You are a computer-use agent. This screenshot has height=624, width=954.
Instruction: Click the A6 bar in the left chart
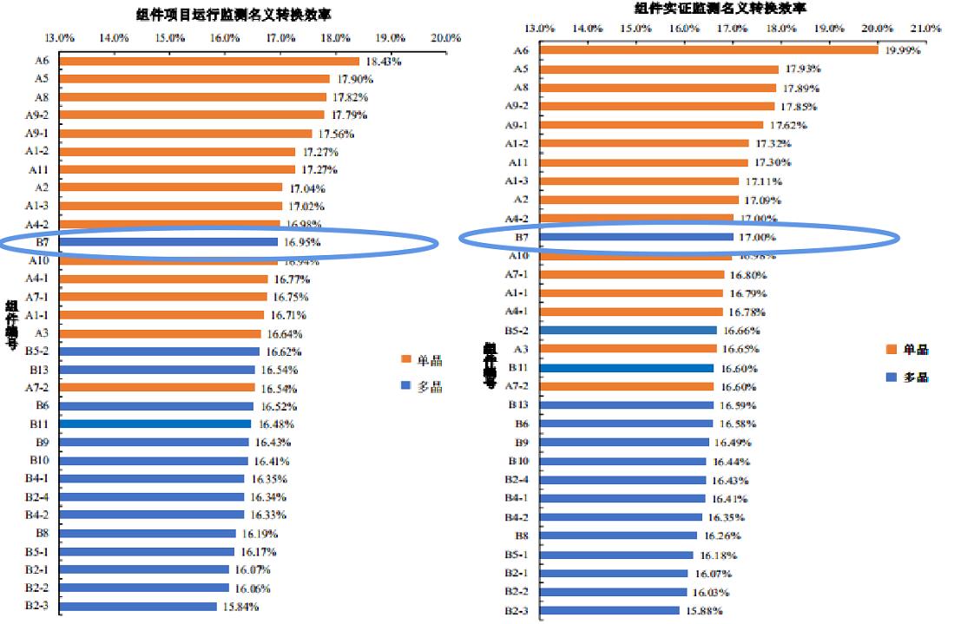click(x=208, y=61)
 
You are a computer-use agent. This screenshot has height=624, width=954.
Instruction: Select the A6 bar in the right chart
click(x=707, y=49)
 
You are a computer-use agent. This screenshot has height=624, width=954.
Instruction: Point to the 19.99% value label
click(x=903, y=50)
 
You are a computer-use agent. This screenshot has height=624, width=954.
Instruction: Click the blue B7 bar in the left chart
click(x=168, y=242)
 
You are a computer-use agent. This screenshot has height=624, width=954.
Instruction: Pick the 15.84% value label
click(x=240, y=607)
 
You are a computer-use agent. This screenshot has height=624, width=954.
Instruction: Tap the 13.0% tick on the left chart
click(x=59, y=38)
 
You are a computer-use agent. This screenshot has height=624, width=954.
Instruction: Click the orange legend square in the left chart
click(x=405, y=360)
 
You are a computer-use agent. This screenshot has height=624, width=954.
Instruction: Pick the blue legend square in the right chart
click(x=890, y=378)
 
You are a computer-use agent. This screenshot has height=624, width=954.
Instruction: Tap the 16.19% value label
click(x=260, y=534)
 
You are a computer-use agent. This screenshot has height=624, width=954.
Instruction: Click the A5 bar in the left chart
click(x=194, y=79)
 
